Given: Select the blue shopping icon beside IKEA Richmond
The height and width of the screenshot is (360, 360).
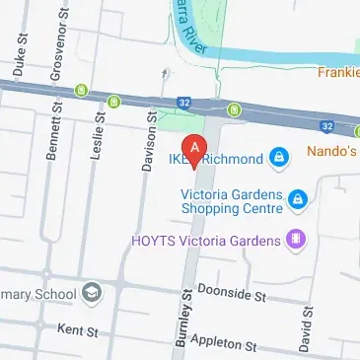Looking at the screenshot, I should pyautogui.click(x=279, y=158).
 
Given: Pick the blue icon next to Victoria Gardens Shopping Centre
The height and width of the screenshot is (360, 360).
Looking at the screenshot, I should pyautogui.click(x=299, y=201).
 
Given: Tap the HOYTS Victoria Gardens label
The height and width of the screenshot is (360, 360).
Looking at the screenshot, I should pyautogui.click(x=206, y=239).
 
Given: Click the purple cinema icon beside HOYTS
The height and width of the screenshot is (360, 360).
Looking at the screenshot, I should pyautogui.click(x=294, y=239).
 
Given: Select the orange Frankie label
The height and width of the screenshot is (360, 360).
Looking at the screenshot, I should pyautogui.click(x=338, y=72).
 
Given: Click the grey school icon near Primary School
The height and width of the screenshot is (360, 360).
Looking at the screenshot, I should pyautogui.click(x=92, y=293).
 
